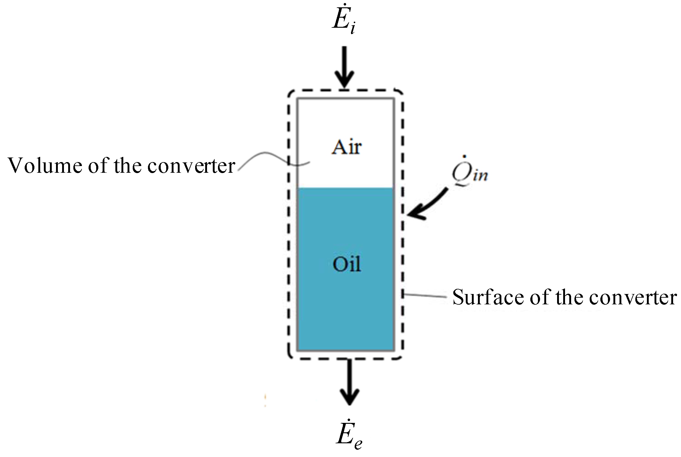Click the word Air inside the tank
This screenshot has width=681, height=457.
pos(346,147)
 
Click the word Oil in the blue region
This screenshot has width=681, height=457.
pos(346,264)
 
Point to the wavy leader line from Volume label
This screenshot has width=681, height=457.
pos(268,157)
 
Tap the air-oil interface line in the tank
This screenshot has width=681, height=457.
pos(346,188)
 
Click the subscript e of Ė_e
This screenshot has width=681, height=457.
pos(357,444)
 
